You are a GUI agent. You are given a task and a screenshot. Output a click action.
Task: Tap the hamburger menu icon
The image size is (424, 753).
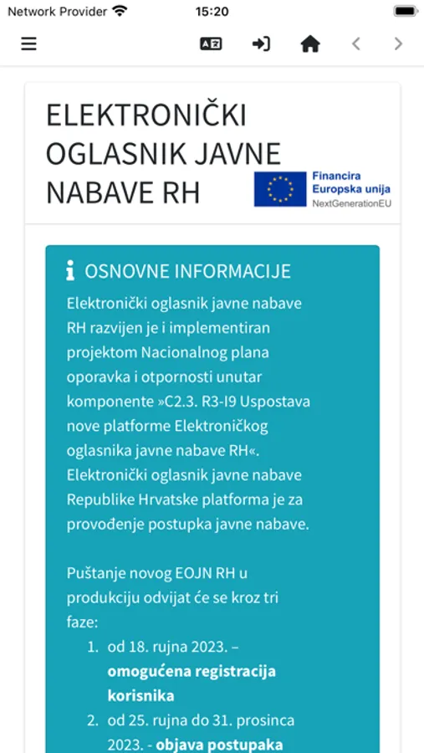pos(29,44)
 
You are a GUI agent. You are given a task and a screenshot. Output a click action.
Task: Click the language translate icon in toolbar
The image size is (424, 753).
pos(211,44)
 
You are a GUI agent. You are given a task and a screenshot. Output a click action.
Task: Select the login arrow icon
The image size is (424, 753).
pos(261,44)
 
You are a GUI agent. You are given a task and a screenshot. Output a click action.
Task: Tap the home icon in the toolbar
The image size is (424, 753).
pos(310,44)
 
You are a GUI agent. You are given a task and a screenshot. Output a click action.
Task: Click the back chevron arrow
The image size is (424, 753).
pos(356,44)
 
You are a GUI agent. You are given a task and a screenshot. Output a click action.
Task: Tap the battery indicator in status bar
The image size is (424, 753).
pos(405,12)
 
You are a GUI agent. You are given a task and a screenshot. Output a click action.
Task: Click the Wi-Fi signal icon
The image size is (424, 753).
pos(120,12)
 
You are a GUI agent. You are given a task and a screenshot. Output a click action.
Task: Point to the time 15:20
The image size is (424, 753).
pos(212,12)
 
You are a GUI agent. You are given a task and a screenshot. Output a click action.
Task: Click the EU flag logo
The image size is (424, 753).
pos(280,189)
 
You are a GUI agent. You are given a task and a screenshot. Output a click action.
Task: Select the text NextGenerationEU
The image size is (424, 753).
pos(351,203)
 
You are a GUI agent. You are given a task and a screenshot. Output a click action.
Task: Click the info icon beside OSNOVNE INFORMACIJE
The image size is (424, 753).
pos(70,271)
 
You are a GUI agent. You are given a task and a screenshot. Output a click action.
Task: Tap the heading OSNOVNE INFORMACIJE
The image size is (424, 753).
pos(187,271)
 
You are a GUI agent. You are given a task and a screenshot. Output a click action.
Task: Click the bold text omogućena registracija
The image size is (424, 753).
pos(192,671)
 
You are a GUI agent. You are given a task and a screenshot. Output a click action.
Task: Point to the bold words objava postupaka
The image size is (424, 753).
pos(220,745)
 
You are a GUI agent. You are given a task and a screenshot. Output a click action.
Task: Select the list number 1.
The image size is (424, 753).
pos(92,647)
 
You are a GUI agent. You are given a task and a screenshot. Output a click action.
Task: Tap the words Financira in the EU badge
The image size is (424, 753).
pos(336,177)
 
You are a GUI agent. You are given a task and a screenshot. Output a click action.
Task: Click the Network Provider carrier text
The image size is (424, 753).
pos(57,12)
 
